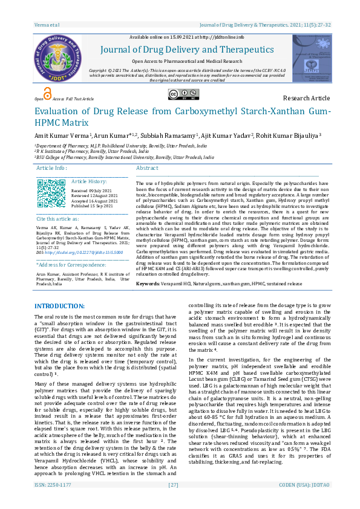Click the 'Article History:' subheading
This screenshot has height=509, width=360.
[88, 181]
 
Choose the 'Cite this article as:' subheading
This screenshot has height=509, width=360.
[57, 218]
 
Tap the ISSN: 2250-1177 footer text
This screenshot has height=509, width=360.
[53, 502]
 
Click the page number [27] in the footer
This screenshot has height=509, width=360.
[174, 502]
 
